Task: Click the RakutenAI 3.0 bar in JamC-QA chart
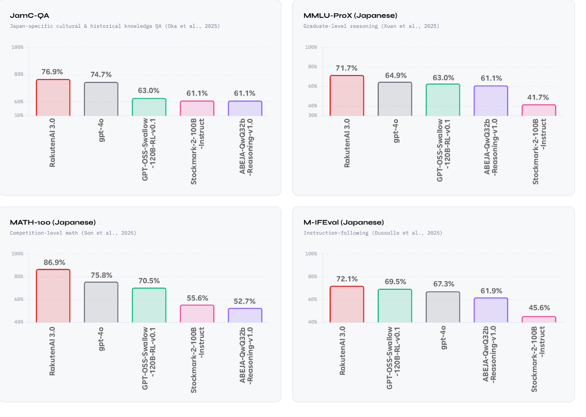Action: [x=53, y=97]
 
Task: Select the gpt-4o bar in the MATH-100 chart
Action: [x=101, y=302]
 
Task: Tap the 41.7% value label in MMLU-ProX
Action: [x=539, y=97]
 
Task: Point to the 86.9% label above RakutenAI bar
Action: [x=54, y=262]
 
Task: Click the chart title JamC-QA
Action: [x=29, y=16]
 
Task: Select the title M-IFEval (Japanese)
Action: [x=344, y=223]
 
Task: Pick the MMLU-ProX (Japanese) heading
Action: [x=350, y=16]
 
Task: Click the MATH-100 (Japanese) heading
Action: [x=53, y=223]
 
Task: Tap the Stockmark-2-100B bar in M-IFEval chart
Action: [x=539, y=319]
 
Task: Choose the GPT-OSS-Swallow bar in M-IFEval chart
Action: [x=395, y=305]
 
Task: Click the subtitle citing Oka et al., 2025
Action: [x=115, y=27]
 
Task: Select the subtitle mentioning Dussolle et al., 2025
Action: [x=373, y=233]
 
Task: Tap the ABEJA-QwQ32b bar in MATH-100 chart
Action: [x=245, y=315]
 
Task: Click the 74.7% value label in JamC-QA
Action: [x=101, y=75]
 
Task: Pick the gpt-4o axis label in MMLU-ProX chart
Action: [x=395, y=131]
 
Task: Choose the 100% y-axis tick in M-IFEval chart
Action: [x=311, y=254]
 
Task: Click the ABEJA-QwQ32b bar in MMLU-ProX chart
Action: [x=491, y=101]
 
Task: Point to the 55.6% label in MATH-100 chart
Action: [x=197, y=298]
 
